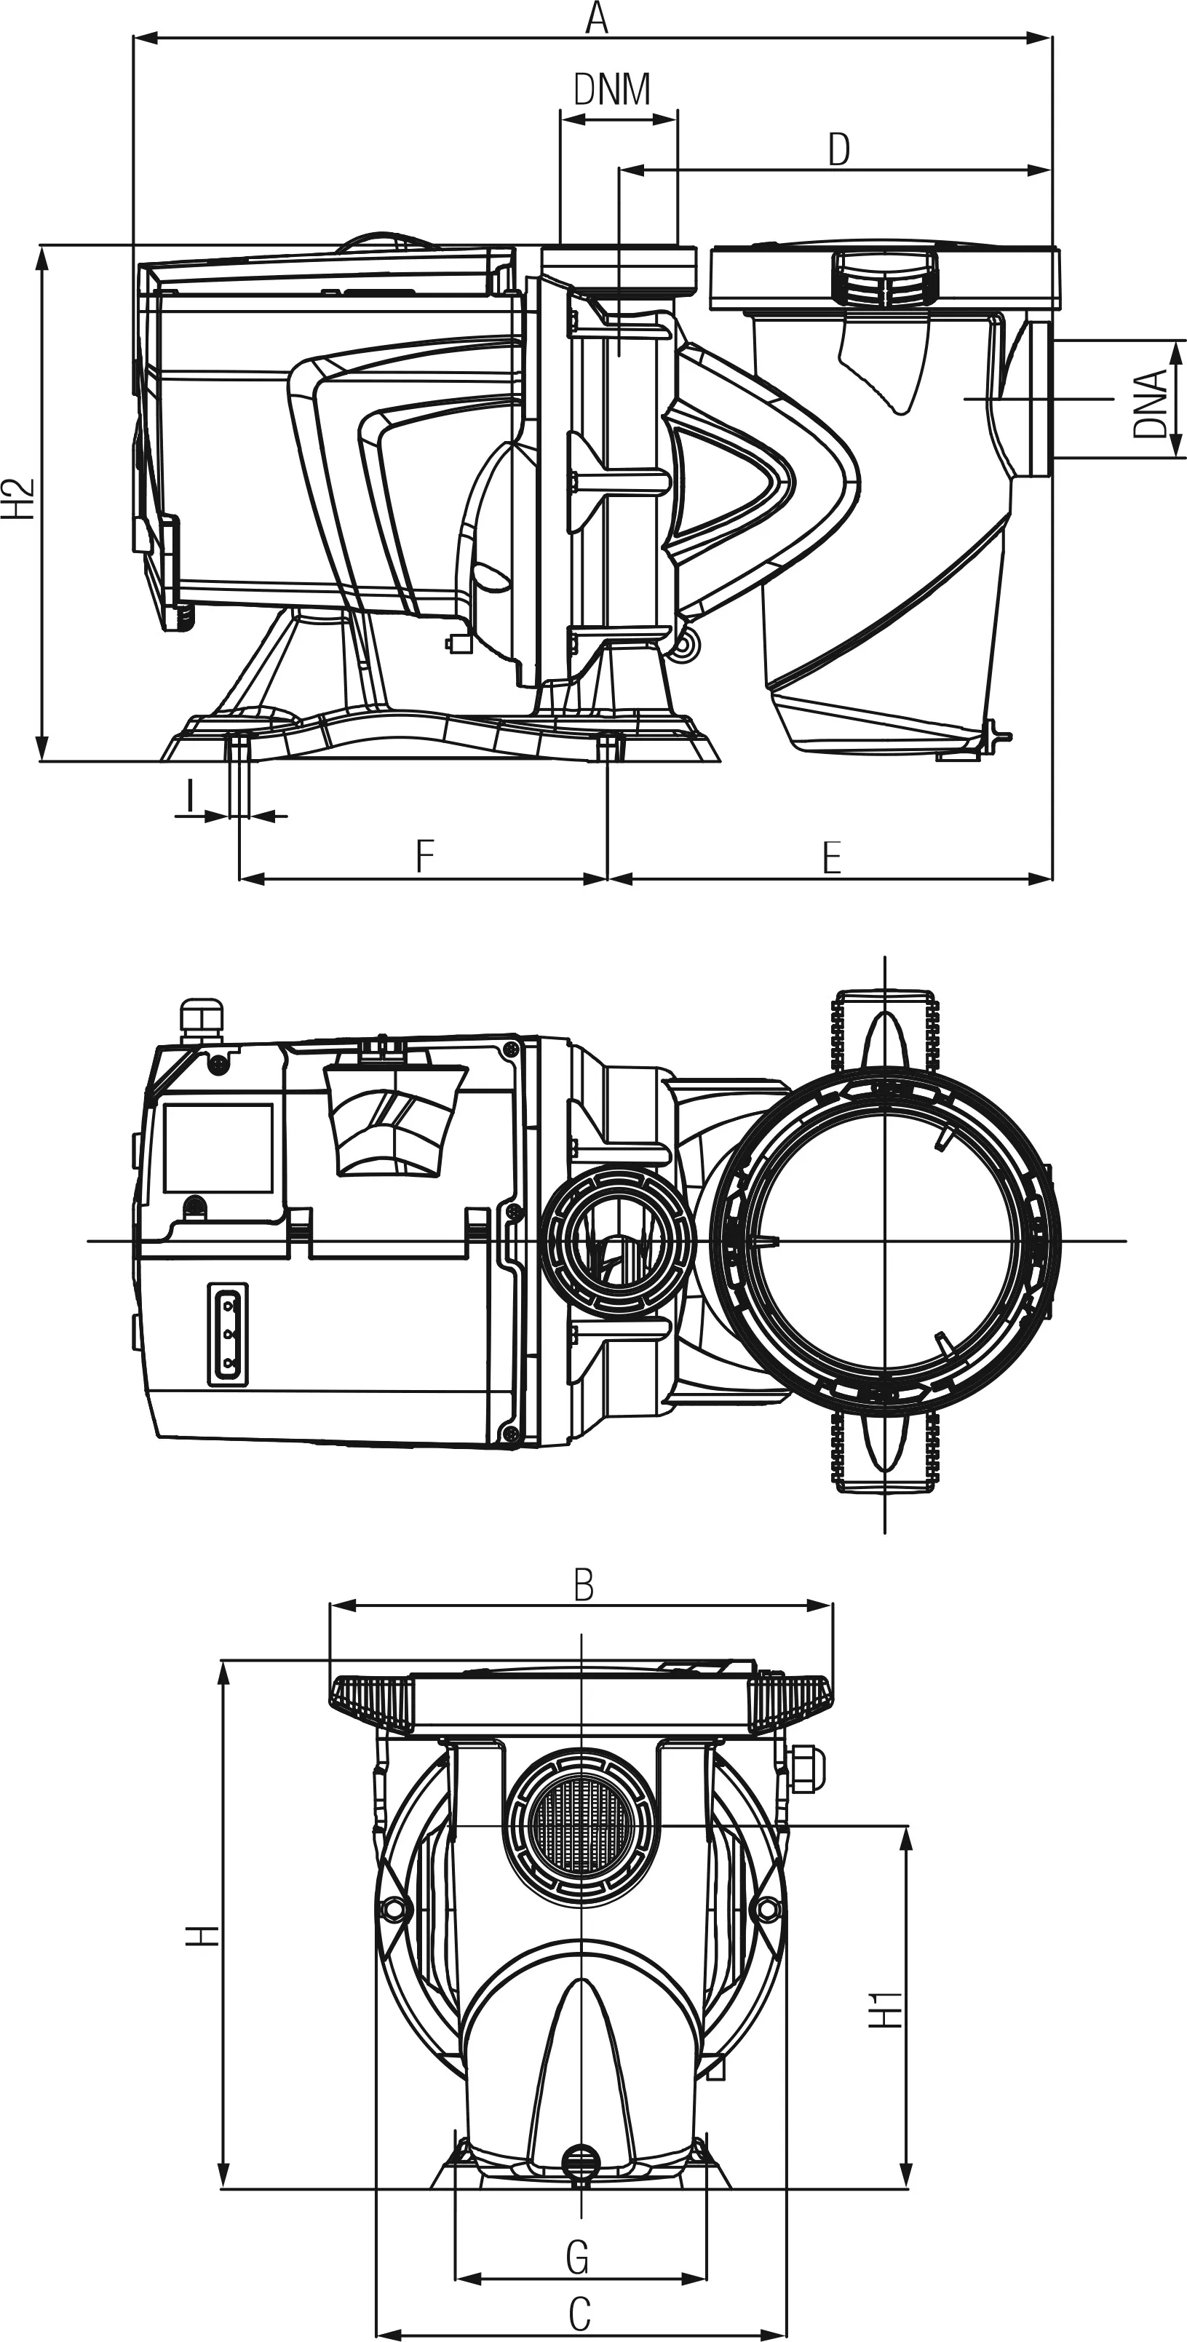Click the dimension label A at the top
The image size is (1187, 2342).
click(x=596, y=18)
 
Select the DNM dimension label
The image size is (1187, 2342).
click(x=613, y=89)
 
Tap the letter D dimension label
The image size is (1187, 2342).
click(x=839, y=149)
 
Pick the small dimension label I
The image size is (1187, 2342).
click(x=189, y=795)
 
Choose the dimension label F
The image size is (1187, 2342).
click(x=424, y=857)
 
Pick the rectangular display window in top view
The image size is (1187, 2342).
click(x=218, y=1149)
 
